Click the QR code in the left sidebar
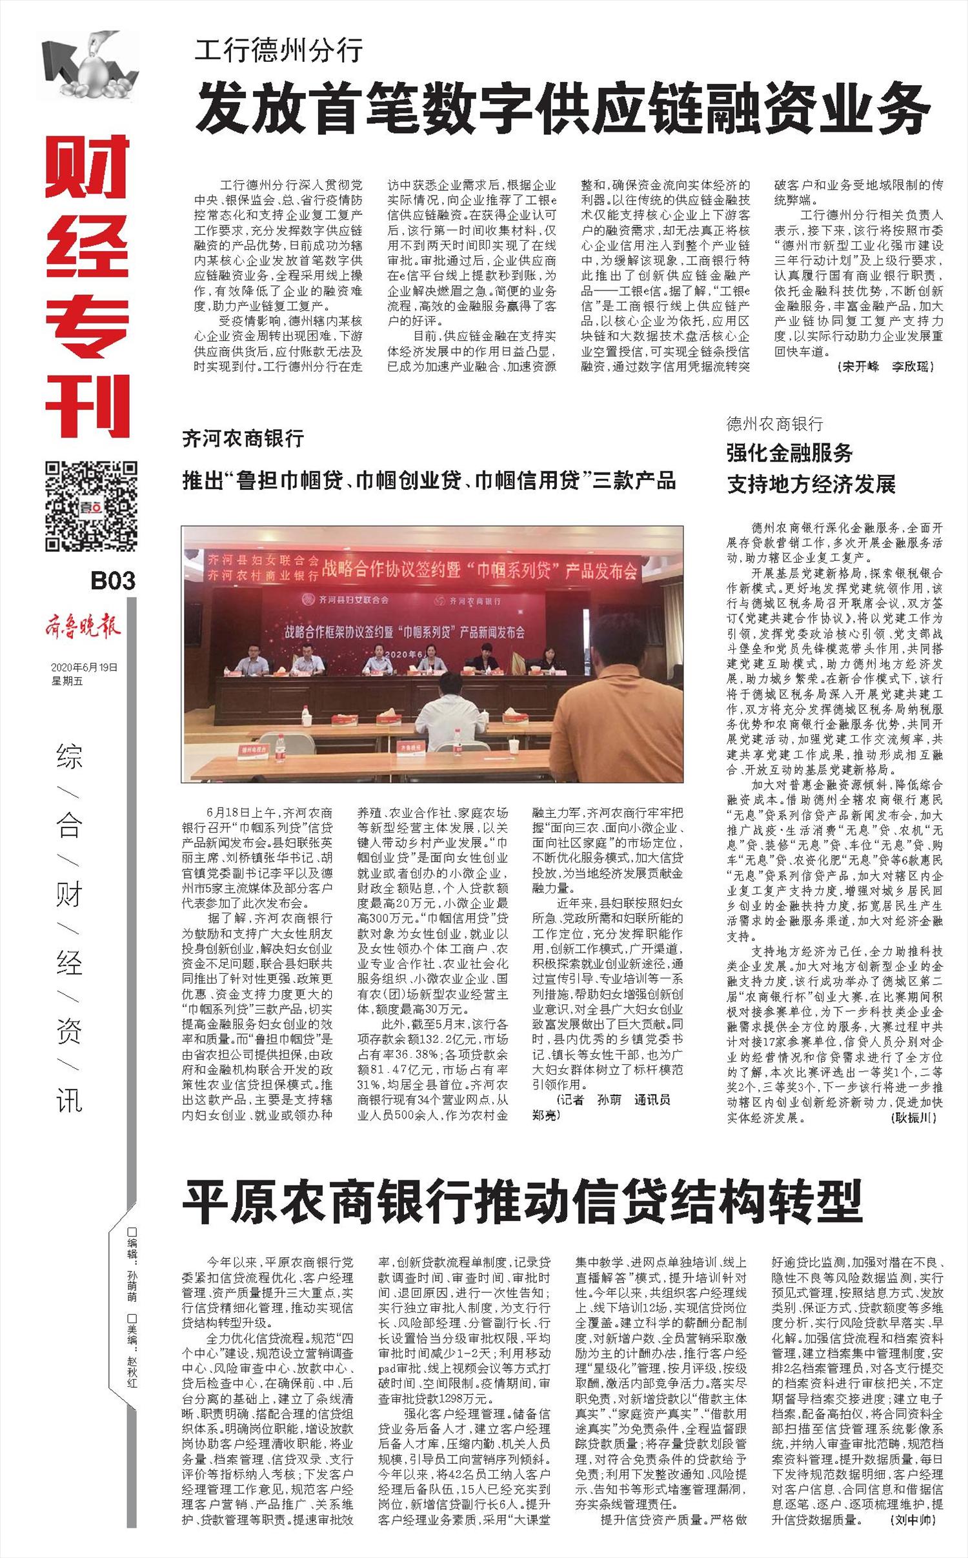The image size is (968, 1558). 91,505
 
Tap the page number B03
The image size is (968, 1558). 113,581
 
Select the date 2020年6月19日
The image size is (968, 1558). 85,667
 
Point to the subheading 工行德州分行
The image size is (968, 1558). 279,50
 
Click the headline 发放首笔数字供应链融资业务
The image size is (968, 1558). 562,108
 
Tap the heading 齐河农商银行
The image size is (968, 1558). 243,439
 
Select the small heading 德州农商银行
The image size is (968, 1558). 774,423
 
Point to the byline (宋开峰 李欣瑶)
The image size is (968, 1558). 886,367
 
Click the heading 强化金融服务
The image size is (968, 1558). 790,453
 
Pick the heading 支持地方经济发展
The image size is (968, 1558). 811,484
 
